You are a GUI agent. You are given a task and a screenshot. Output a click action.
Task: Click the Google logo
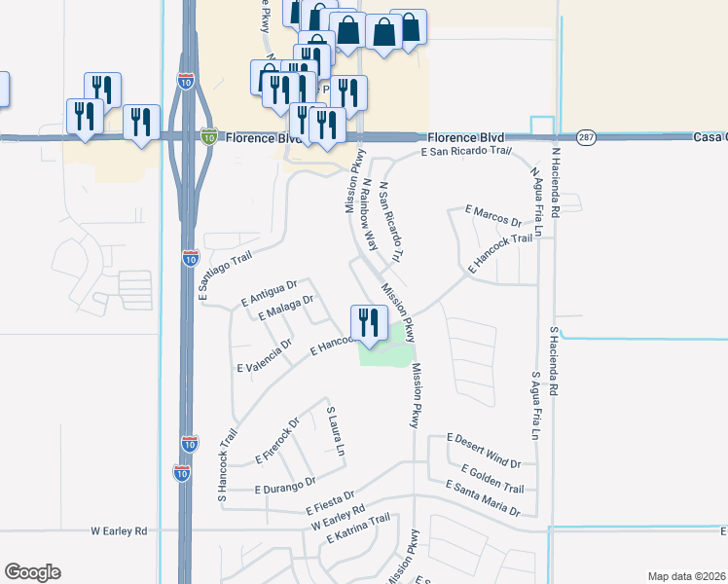32,572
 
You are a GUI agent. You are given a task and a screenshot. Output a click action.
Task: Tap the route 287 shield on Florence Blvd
585,137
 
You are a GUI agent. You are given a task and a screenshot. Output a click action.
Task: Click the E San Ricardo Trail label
465,152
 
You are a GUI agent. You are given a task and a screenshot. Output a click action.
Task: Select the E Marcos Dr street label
493,215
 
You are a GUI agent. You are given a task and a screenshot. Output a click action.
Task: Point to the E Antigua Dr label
267,293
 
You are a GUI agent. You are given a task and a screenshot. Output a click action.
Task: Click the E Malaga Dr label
286,308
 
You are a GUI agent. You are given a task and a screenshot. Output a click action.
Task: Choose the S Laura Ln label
336,432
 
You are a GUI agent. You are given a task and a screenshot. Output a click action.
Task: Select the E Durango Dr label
285,483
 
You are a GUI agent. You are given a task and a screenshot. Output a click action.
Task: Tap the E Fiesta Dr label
331,503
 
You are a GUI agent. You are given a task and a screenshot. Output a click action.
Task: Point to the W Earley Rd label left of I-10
119,531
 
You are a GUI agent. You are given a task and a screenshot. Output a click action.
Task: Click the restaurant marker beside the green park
368,323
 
